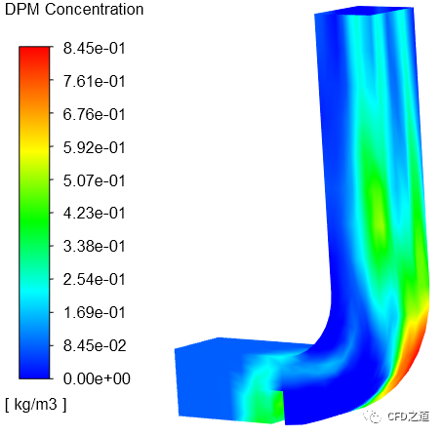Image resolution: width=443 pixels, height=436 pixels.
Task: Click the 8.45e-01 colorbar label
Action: click(x=95, y=49)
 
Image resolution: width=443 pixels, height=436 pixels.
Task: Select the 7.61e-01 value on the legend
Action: click(x=95, y=81)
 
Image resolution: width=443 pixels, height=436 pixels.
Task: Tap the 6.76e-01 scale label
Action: click(x=95, y=114)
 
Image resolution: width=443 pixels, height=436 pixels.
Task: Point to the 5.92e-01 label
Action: click(x=95, y=147)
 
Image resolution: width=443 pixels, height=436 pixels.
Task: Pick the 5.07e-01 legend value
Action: click(x=95, y=180)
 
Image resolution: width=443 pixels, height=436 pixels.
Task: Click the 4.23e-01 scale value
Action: click(x=95, y=214)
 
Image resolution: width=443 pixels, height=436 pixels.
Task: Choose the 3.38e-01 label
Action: click(x=95, y=246)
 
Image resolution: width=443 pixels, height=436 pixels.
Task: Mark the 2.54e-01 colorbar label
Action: click(x=95, y=279)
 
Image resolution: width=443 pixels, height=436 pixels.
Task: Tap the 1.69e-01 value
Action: click(x=95, y=312)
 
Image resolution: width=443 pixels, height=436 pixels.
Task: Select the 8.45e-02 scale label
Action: click(x=95, y=345)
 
